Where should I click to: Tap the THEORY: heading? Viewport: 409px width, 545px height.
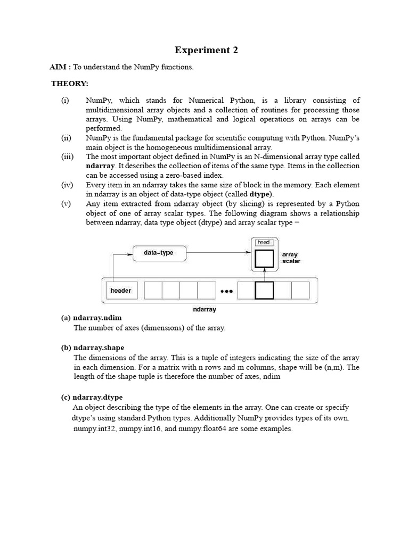point(70,84)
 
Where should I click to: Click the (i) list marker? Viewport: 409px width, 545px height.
point(65,100)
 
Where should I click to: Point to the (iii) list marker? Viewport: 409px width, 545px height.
point(67,156)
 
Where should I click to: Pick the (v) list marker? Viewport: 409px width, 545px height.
point(66,204)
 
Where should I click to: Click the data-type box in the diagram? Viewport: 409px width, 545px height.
point(159,253)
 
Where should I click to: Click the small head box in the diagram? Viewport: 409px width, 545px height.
point(264,242)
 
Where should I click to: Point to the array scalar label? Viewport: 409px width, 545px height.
point(291,258)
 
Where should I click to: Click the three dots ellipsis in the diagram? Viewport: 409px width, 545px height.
point(226,291)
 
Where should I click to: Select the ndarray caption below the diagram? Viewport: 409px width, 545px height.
point(204,309)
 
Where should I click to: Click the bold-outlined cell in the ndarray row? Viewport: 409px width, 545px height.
point(264,291)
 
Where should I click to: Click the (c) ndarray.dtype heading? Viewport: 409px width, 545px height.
point(93,397)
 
